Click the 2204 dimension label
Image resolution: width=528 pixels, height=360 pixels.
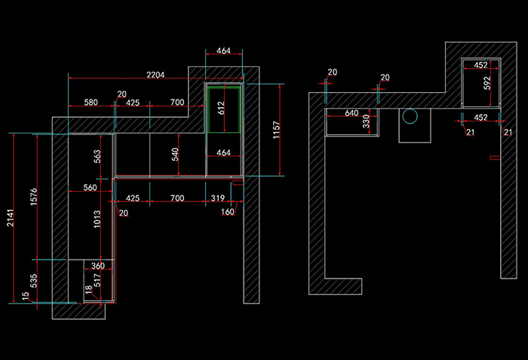[155, 75]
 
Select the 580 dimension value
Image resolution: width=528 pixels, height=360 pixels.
[91, 102]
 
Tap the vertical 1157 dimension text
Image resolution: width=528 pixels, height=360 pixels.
[276, 130]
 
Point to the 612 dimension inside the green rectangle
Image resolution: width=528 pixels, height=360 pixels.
[221, 108]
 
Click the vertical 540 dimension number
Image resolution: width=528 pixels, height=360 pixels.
[175, 155]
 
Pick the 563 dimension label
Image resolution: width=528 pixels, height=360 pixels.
[97, 156]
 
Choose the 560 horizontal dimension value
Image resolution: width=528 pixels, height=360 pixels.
[90, 187]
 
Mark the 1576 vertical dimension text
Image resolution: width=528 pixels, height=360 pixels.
[34, 197]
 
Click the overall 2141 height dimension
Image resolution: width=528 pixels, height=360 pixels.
[11, 218]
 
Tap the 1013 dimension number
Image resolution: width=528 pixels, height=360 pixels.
[97, 219]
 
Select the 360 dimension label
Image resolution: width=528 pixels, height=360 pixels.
[98, 266]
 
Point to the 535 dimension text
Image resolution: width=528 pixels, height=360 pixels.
[34, 281]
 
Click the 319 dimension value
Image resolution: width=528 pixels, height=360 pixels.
[217, 198]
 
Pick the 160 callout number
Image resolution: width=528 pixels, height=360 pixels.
[227, 211]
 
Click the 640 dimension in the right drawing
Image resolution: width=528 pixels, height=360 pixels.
[351, 113]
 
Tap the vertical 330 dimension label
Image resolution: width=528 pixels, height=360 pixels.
[366, 122]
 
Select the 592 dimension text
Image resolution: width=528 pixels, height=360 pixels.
[487, 83]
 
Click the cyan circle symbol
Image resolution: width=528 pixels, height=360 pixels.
[410, 116]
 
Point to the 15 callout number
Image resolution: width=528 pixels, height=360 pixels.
[25, 296]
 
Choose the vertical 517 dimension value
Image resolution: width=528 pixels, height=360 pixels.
[97, 280]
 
